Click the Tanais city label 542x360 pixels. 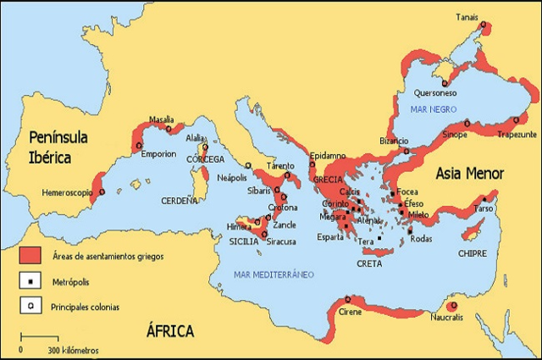pos(467,15)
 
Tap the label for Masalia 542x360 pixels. pos(162,119)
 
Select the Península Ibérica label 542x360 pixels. pos(59,146)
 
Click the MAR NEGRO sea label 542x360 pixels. pos(429,109)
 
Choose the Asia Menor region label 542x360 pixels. pos(470,174)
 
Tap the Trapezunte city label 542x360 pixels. pos(517,134)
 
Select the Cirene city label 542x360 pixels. pos(351,313)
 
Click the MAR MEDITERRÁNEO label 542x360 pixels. pos(274,274)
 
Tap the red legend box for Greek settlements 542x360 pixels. pos(30,254)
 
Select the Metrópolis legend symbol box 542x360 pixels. pos(30,280)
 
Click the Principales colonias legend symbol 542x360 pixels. pos(30,307)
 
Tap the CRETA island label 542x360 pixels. pos(369,263)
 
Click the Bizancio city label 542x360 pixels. pos(394,140)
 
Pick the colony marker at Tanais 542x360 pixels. pos(483,25)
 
